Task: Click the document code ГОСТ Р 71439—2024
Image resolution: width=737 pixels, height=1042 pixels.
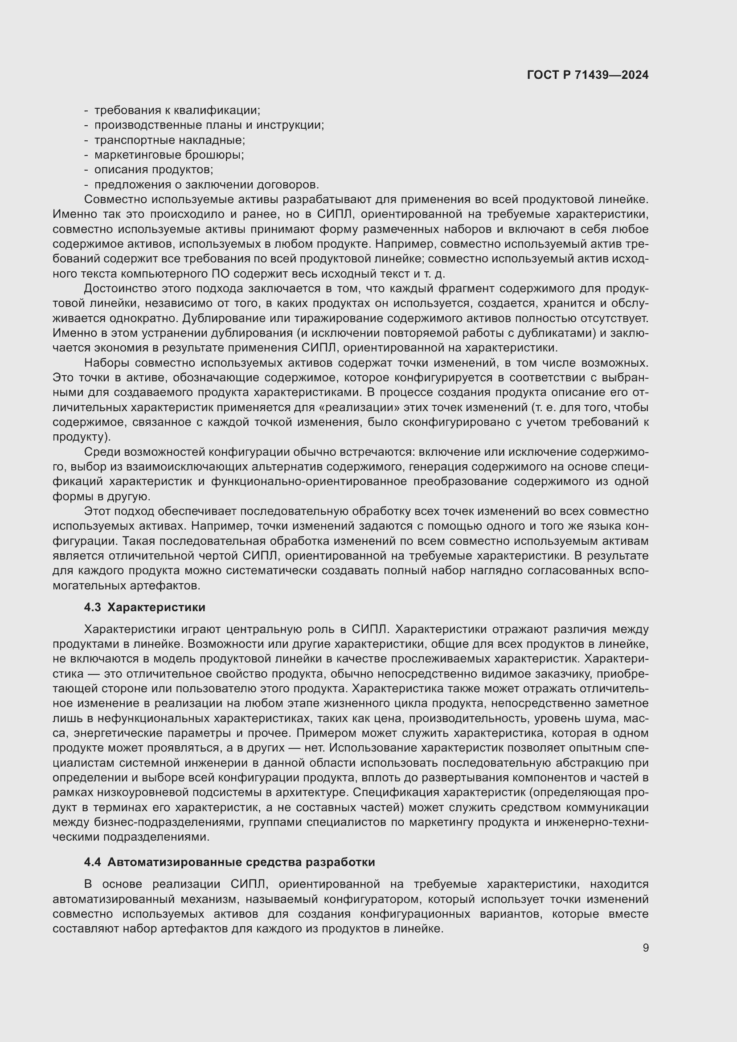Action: tap(588, 75)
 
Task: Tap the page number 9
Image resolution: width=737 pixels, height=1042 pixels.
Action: tap(645, 948)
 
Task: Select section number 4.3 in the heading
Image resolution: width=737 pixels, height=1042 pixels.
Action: tap(93, 607)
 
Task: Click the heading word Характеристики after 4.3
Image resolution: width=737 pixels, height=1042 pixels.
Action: tap(156, 607)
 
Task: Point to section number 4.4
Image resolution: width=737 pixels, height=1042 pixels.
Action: tap(93, 862)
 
